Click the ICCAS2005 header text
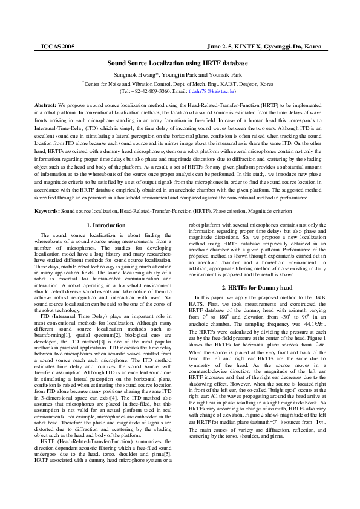(57, 47)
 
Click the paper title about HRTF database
(178, 63)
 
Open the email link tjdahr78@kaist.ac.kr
(211, 91)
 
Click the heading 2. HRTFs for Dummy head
(257, 287)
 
